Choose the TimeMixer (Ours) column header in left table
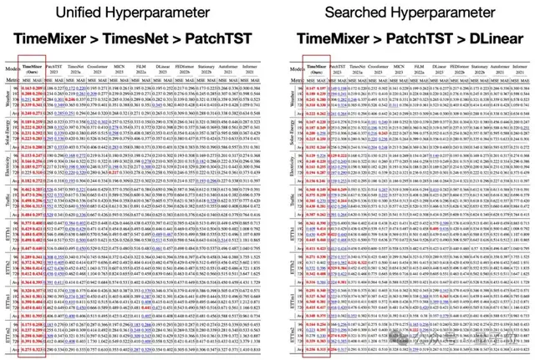pos(32,70)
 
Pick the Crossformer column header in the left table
pos(98,70)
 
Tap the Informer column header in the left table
pos(252,70)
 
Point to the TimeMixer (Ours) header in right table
pos(314,70)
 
